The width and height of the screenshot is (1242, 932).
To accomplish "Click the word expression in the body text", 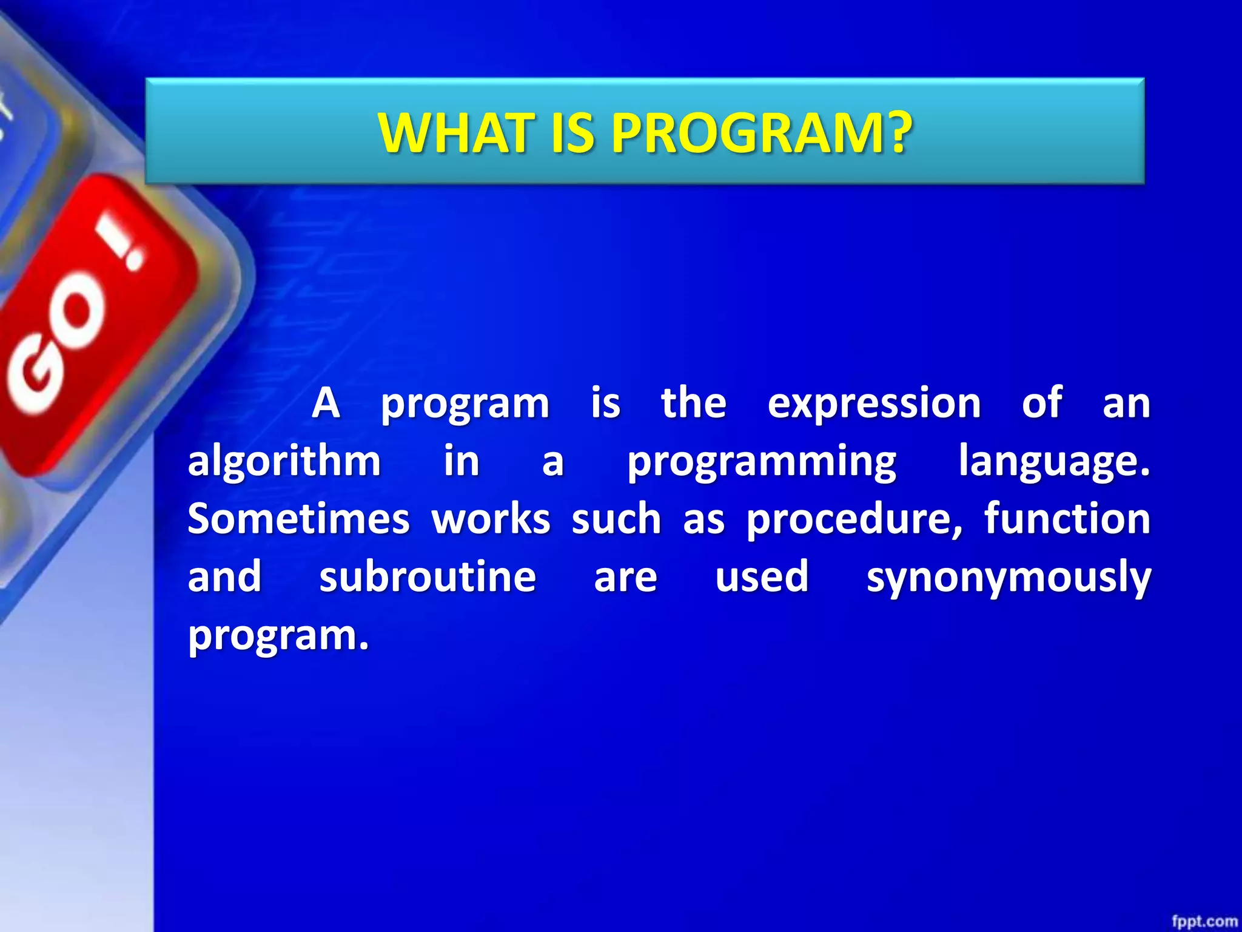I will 874,404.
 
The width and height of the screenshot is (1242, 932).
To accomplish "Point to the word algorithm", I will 284,461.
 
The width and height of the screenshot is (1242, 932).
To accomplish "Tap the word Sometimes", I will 298,519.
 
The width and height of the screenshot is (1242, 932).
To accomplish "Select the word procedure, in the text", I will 854,520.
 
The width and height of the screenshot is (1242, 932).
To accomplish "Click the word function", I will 1067,519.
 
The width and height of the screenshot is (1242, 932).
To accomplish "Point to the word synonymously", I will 1009,578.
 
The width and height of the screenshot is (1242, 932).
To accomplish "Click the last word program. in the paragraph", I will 278,636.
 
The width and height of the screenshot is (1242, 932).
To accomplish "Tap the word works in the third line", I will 491,519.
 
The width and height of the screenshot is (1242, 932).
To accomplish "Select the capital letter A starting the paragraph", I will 326,404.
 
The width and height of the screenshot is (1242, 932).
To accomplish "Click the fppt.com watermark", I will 1204,921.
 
